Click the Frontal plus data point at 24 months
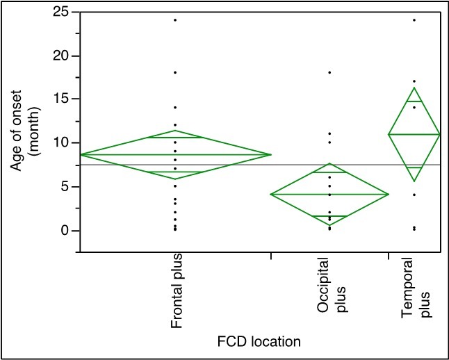[175, 20]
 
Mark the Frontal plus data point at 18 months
[175, 72]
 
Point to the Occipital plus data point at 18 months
[329, 72]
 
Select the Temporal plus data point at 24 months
[414, 20]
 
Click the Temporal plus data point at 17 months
[414, 81]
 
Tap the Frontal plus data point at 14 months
[175, 108]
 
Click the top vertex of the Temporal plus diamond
[414, 88]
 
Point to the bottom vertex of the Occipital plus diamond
[329, 225]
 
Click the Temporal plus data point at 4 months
[414, 195]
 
